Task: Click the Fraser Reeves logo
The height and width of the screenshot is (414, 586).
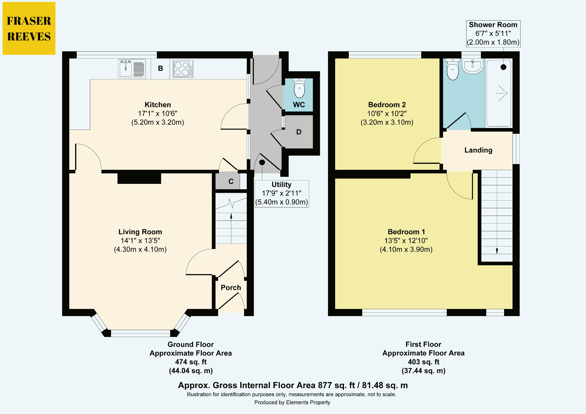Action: (29, 28)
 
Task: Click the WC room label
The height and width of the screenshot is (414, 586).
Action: (299, 105)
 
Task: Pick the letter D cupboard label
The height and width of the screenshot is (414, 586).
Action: (299, 132)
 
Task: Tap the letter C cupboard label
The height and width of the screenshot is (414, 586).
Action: (231, 182)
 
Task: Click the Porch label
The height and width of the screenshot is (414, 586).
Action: (231, 288)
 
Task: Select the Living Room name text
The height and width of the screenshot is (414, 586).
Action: (140, 232)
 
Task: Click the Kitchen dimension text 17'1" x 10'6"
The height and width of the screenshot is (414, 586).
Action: (158, 113)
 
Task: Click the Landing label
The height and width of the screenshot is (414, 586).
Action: (478, 150)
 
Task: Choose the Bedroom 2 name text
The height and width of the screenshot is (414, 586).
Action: (387, 105)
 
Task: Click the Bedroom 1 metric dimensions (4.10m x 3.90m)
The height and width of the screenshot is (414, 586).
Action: (406, 249)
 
